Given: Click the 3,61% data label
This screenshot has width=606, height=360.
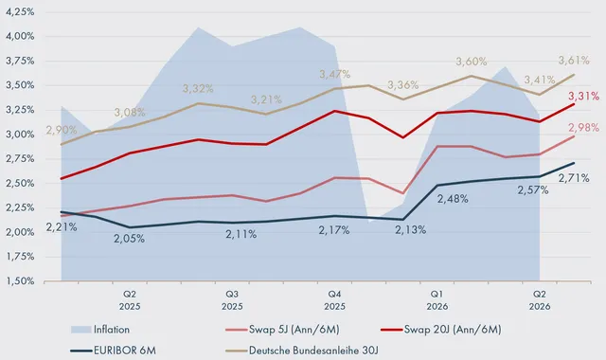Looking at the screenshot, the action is [x=574, y=61].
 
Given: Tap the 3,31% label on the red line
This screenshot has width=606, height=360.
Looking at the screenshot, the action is [x=583, y=96].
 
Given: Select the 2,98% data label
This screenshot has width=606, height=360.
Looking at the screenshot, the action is [x=583, y=128].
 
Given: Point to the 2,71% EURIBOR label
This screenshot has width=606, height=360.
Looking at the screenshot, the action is [x=574, y=178].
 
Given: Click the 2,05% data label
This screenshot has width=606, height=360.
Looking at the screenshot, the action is [x=129, y=239].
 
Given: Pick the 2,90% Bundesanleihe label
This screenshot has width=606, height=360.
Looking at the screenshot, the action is [x=62, y=130].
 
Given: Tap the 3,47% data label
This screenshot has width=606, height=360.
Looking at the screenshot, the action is [x=334, y=74].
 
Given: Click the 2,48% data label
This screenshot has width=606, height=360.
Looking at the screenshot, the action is [x=453, y=199].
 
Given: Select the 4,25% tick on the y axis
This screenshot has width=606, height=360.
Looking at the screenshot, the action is [x=20, y=12].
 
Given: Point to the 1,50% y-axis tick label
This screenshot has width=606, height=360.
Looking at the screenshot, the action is [x=20, y=281].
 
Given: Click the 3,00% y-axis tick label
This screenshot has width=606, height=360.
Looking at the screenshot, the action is [x=20, y=135].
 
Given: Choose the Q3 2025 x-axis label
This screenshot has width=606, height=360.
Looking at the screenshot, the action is [x=232, y=300].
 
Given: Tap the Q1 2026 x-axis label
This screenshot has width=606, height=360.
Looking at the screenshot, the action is [x=437, y=300].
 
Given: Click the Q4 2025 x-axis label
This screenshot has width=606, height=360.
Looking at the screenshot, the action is [x=334, y=300].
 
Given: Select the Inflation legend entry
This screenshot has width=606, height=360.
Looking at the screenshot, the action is [x=100, y=330].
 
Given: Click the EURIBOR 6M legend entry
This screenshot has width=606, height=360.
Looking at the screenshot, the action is [x=114, y=351].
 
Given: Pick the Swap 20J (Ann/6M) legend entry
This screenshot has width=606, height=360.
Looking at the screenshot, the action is [x=441, y=330].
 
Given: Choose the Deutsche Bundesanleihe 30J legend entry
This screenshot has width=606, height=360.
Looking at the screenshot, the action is [x=302, y=351].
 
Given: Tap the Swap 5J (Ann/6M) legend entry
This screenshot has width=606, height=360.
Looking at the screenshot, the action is [x=282, y=330].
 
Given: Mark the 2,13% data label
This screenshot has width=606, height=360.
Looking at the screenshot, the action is [x=410, y=230].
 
